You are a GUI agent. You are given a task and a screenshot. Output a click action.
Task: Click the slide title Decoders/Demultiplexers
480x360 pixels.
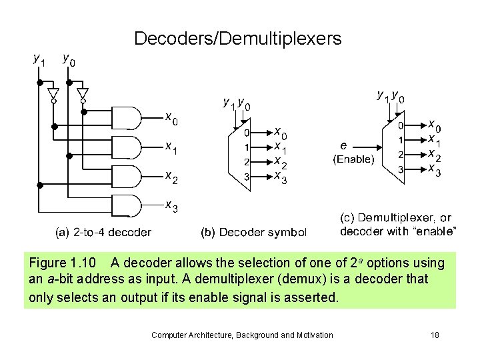pos(237,39)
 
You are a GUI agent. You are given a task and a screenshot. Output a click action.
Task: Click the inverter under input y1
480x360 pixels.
pos(54,94)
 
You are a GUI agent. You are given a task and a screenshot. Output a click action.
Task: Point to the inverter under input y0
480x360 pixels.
pos(83,94)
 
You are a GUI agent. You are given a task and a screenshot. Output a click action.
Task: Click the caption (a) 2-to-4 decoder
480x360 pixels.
pos(103,233)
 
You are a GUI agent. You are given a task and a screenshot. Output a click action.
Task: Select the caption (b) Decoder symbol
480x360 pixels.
pos(254,233)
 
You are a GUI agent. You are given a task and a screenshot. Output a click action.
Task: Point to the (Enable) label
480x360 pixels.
pos(353,159)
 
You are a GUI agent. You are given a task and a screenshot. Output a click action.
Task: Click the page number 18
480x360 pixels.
pos(434,335)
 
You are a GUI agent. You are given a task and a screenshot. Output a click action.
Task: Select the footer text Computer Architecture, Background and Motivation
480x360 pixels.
pos(242,335)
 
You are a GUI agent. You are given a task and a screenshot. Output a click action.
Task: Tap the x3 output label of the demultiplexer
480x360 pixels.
pos(433,171)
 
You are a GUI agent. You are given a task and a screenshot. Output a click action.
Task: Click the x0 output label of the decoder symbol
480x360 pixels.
pos(281,133)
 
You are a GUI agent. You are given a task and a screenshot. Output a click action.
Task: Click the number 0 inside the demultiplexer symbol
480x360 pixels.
pos(400,125)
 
